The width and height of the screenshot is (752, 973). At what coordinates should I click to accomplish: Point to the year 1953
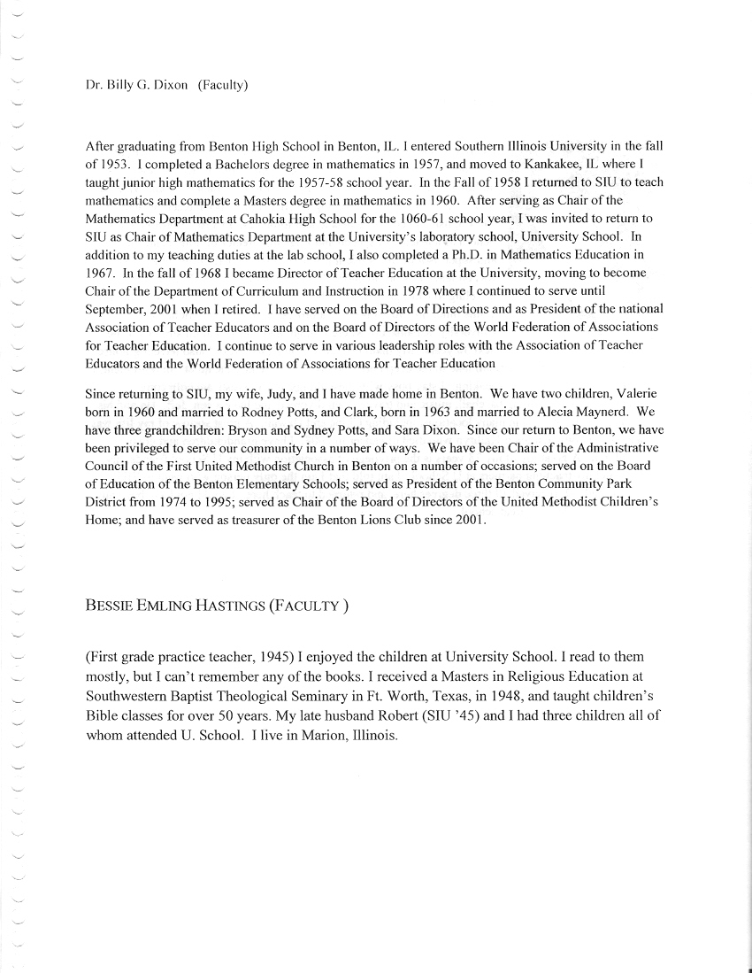click(x=114, y=163)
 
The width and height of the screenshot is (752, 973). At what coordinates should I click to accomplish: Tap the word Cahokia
click(x=274, y=218)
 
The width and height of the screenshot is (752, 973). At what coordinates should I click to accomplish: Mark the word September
click(x=119, y=308)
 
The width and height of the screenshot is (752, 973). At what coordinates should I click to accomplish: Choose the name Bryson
click(x=265, y=429)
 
